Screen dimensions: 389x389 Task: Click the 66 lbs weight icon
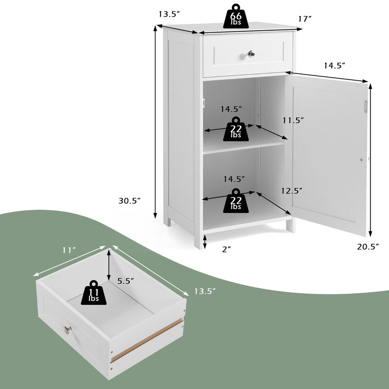235,17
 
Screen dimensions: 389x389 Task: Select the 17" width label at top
305,19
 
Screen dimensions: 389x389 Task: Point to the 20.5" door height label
368,247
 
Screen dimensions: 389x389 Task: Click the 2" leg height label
226,248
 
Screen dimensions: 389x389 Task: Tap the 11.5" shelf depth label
293,120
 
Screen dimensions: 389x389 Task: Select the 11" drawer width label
70,250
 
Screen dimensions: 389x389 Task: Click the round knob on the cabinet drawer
251,53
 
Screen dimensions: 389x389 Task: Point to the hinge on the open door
365,107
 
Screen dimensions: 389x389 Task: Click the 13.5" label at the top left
168,14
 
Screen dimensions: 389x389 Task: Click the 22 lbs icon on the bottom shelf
235,200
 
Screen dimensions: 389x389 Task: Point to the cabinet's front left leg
198,238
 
